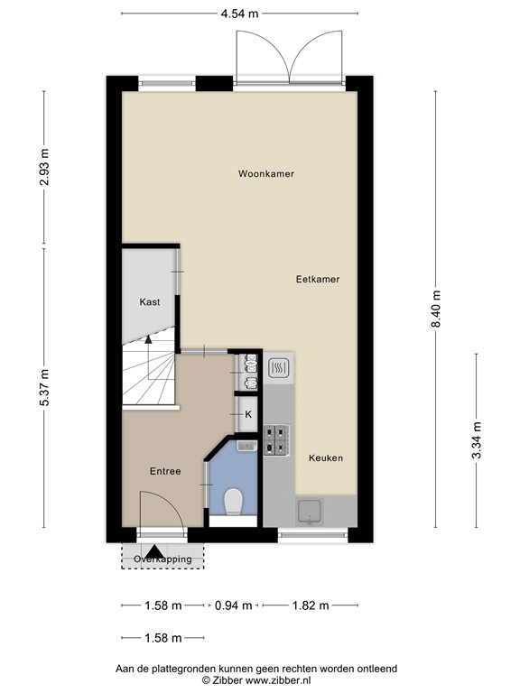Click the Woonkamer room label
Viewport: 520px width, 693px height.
(265, 173)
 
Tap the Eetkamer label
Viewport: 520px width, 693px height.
(318, 280)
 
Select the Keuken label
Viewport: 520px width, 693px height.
(326, 457)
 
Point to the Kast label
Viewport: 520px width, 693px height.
(150, 302)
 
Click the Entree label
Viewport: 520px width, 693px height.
(165, 471)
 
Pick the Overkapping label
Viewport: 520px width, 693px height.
(162, 559)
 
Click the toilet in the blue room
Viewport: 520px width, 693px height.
(233, 502)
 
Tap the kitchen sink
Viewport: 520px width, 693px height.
(310, 512)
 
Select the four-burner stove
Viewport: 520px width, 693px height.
(277, 440)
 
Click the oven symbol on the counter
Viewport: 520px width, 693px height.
(279, 367)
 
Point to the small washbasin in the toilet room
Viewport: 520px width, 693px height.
(246, 446)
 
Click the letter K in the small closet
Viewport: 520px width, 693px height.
(248, 414)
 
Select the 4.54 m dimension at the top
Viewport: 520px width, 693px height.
(239, 14)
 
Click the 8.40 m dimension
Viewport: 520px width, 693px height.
(436, 309)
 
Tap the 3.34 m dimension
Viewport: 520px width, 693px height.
(477, 440)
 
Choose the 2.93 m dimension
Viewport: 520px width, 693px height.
(43, 168)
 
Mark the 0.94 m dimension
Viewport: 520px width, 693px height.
(234, 605)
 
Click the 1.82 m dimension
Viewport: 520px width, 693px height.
(311, 605)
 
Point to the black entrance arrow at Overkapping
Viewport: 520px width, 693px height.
(154, 551)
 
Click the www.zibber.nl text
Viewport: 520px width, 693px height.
(278, 680)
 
